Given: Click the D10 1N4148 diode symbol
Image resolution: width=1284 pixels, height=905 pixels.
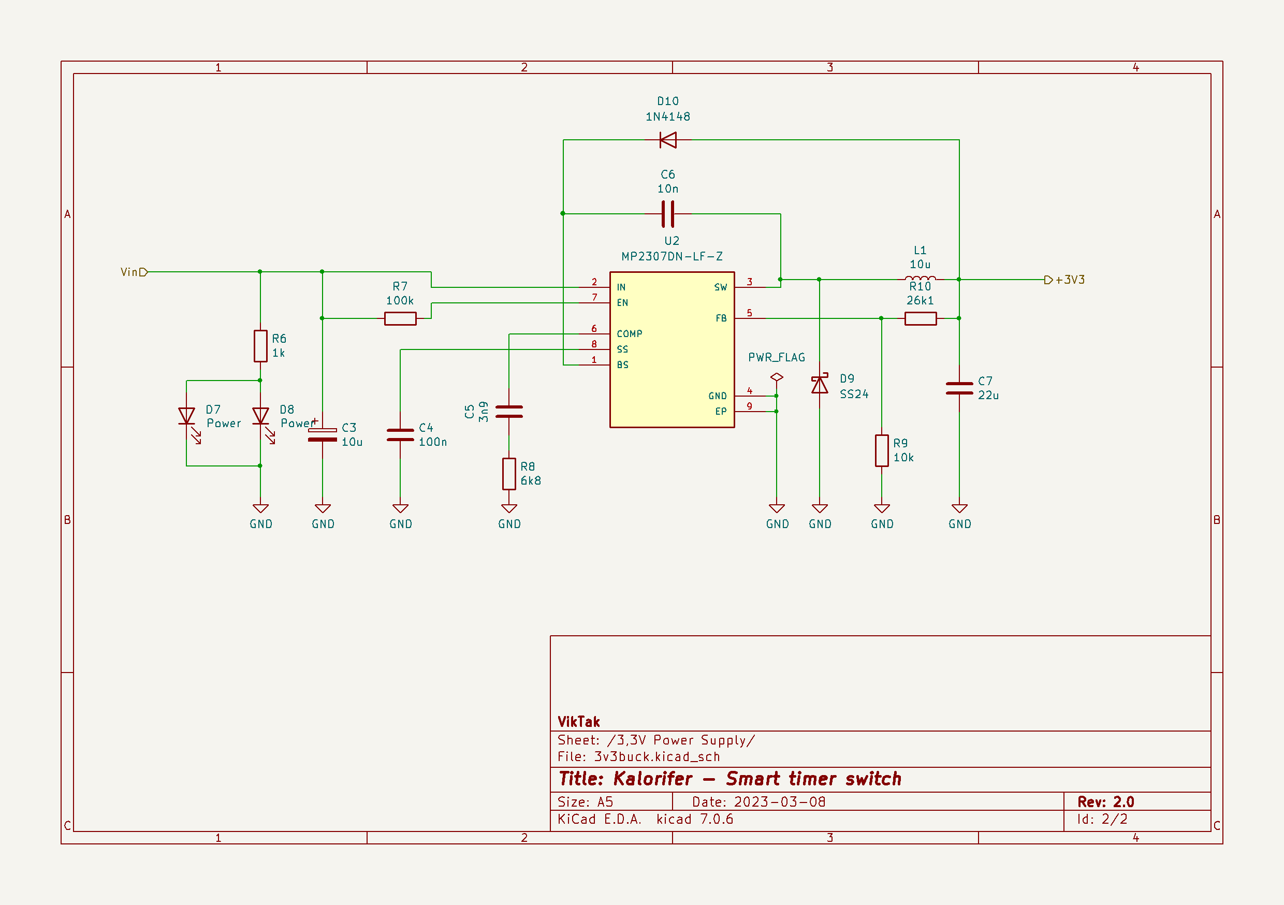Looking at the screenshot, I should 668,140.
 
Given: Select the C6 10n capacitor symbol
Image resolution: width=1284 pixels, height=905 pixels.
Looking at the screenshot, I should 668,214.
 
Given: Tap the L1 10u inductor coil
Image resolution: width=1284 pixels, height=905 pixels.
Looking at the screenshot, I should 920,278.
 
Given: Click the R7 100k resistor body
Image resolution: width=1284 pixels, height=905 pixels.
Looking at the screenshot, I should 400,319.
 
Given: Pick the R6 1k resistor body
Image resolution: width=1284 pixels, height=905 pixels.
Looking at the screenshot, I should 260,346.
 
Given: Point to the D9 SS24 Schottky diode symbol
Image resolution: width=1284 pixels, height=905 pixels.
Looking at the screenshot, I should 820,385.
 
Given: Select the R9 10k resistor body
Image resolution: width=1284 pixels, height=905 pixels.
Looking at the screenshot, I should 882,450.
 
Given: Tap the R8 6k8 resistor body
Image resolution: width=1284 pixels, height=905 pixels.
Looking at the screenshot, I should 509,474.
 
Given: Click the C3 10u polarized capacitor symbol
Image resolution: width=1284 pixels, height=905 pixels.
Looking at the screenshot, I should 323,434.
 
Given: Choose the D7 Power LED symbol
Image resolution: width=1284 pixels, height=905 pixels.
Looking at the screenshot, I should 187,417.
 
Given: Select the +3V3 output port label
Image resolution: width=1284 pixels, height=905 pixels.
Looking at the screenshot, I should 1066,280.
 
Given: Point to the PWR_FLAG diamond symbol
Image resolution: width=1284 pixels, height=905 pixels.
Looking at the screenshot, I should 777,377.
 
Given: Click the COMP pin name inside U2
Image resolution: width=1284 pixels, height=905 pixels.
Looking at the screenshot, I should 629,334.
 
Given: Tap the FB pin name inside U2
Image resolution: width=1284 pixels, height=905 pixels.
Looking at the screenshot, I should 721,318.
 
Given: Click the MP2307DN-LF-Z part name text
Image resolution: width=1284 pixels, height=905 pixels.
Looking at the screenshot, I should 672,257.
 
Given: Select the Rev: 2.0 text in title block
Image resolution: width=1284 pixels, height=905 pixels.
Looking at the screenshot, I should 1105,801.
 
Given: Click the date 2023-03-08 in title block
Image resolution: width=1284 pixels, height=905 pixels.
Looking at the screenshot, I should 779,801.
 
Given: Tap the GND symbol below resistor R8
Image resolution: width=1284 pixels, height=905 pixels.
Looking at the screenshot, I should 509,509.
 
